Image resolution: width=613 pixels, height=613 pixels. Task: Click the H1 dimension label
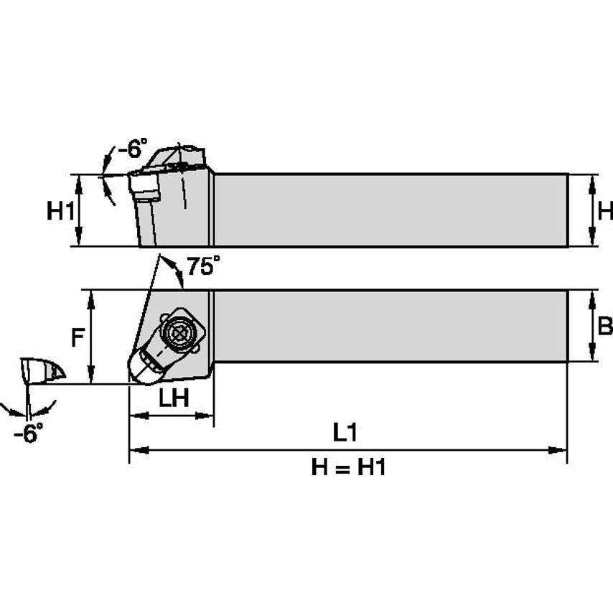(60, 211)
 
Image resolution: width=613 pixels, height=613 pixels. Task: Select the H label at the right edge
(605, 211)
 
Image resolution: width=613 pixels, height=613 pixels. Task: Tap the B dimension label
(604, 327)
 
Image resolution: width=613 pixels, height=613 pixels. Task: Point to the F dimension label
(78, 337)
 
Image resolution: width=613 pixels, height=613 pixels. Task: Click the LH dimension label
(173, 399)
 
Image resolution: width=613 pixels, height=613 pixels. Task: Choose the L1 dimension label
(345, 433)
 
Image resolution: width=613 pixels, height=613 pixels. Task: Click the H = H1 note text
(348, 468)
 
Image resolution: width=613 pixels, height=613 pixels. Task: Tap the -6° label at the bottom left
(28, 433)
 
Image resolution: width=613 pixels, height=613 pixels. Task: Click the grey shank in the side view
(391, 210)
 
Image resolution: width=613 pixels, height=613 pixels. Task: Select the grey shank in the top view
(391, 326)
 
